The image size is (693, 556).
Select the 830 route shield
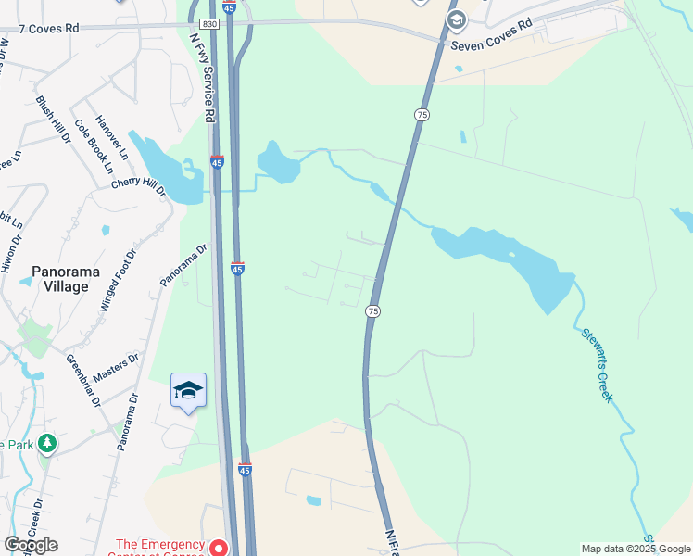pyautogui.click(x=209, y=23)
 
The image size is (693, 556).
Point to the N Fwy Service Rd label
pyautogui.click(x=201, y=79)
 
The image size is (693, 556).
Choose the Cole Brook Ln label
pyautogui.click(x=94, y=145)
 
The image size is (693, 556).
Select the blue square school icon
pyautogui.click(x=188, y=391)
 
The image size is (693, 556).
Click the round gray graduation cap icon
pyautogui.click(x=455, y=19)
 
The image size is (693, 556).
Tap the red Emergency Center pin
pyautogui.click(x=218, y=547)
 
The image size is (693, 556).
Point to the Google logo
pyautogui.click(x=31, y=545)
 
